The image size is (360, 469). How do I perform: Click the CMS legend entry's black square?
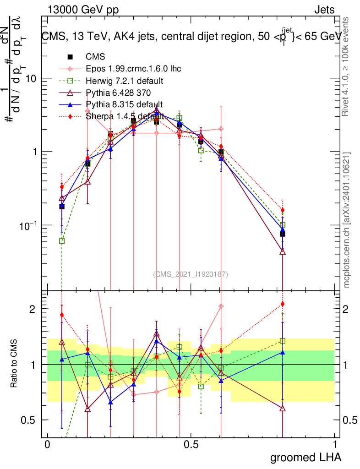[70, 57]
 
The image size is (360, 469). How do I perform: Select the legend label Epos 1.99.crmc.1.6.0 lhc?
[133, 69]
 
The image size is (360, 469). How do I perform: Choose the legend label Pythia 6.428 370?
[120, 93]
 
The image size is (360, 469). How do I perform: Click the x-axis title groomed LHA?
[305, 457]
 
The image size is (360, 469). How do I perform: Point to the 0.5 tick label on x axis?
[191, 445]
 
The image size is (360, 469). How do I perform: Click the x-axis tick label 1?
[335, 445]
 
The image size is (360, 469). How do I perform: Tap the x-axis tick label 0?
[47, 445]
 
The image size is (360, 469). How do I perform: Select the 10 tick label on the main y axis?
[30, 78]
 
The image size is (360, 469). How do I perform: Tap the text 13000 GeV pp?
[83, 10]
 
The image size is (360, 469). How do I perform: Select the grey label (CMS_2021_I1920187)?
[191, 274]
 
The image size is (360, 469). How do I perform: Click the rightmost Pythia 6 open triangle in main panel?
[283, 251]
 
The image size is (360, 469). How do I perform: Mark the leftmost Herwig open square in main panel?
[62, 241]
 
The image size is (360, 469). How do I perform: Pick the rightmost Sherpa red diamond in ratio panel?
[283, 304]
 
